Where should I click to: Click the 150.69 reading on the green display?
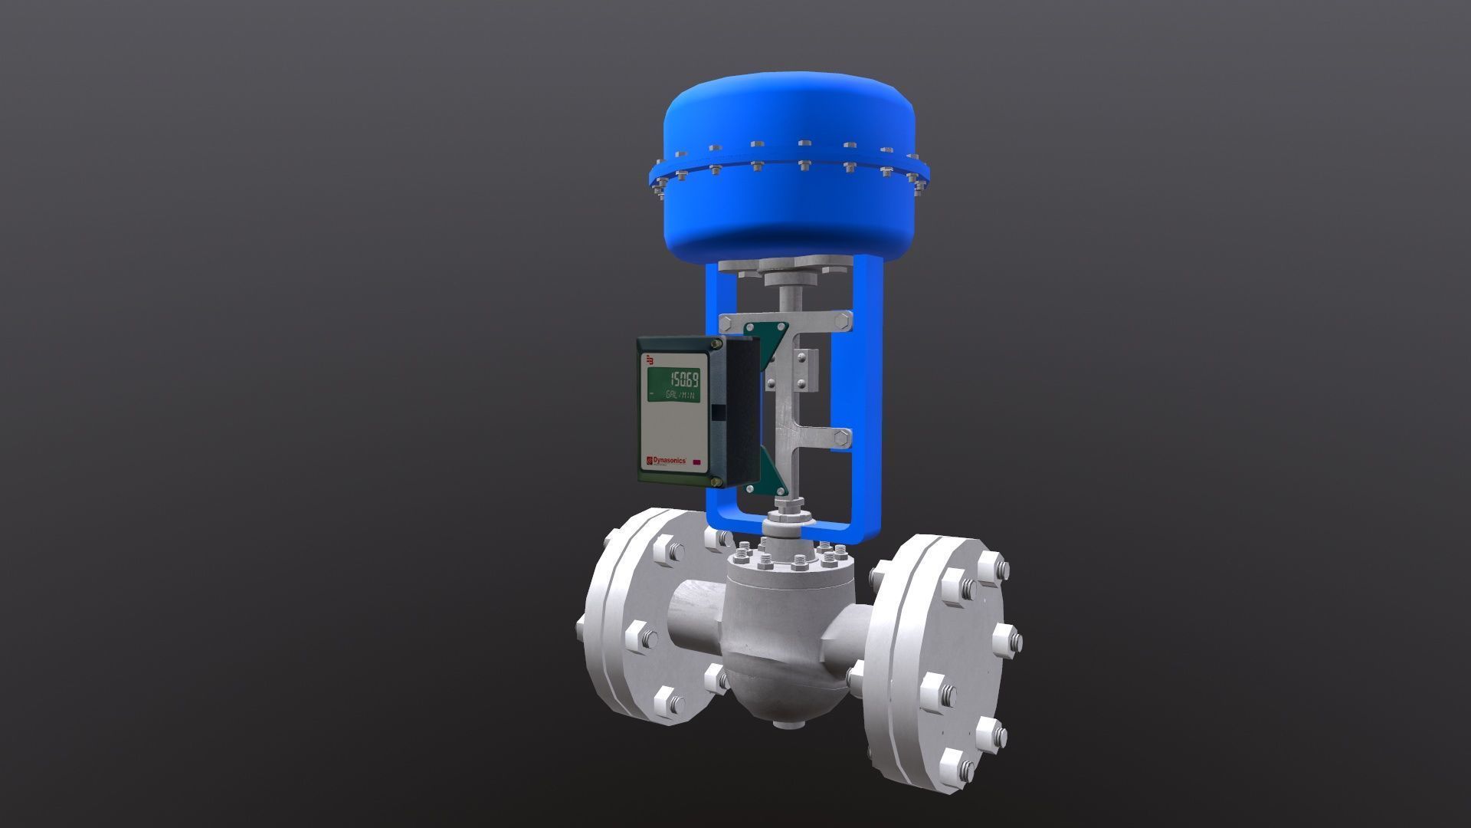pos(683,379)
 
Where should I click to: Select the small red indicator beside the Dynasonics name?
pos(698,462)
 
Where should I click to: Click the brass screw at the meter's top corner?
pos(717,346)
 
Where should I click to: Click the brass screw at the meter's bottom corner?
pos(716,481)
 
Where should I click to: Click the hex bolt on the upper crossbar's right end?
pos(843,322)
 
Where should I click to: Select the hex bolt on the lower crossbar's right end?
pos(842,439)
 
